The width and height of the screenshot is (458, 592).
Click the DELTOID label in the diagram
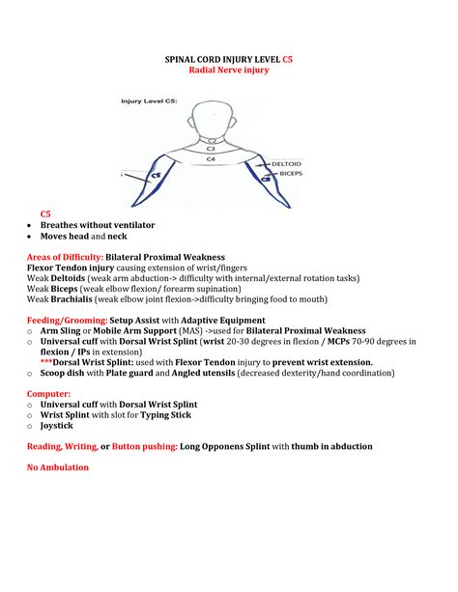(286, 164)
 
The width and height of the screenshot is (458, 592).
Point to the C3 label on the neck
(211, 149)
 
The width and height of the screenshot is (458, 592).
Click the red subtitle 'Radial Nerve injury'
(228, 70)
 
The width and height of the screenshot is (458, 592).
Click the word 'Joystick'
(55, 425)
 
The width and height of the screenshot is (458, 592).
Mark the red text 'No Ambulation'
(58, 467)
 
